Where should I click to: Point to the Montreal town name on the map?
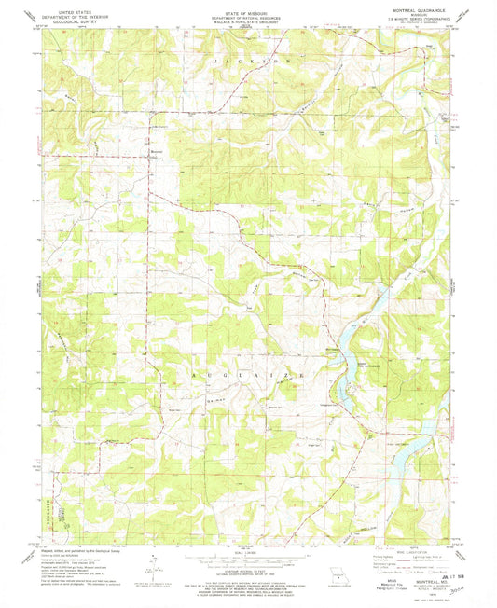158,152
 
